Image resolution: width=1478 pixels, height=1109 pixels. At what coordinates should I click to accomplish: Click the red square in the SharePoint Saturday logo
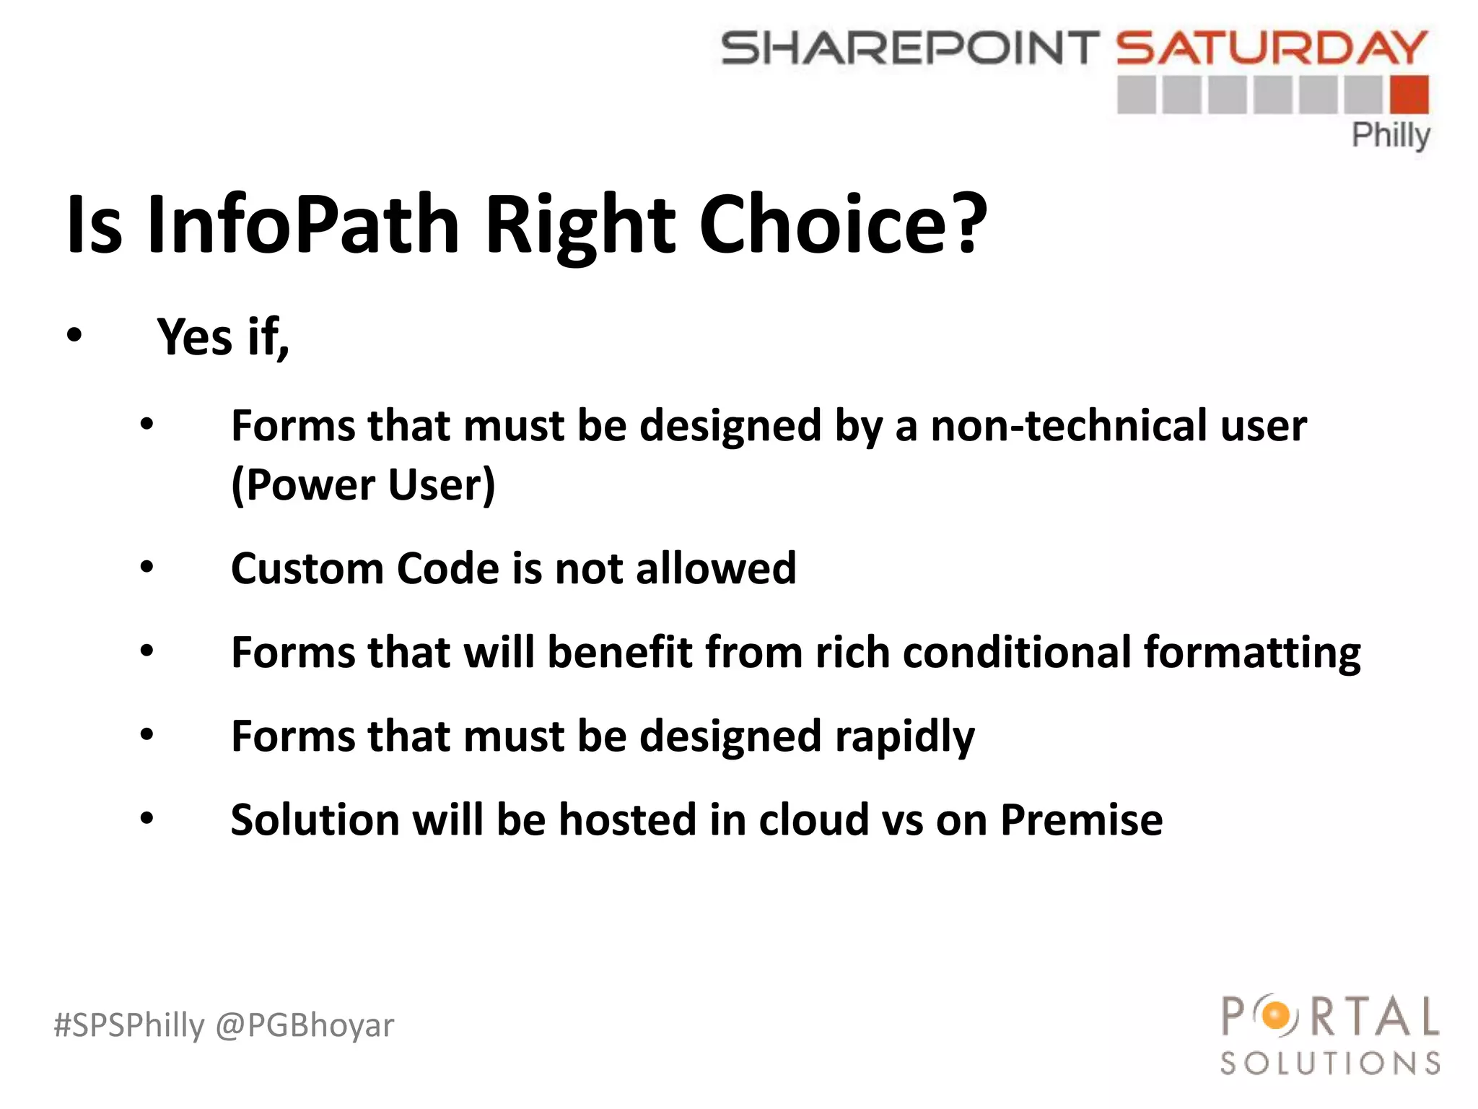(1408, 95)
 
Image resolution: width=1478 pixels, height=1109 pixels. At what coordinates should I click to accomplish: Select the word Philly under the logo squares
(1390, 135)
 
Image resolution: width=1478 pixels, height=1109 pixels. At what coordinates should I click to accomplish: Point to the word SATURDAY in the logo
(1272, 48)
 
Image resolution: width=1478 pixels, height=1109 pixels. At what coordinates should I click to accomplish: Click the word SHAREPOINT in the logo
(909, 48)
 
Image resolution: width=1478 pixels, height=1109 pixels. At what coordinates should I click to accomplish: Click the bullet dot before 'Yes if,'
(74, 336)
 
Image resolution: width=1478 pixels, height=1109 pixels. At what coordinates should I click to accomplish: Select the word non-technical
(1068, 425)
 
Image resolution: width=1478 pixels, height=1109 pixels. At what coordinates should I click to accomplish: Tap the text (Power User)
(363, 484)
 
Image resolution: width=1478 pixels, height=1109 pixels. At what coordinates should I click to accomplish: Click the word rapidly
(904, 736)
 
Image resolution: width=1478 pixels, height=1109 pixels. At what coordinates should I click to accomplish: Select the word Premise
(1081, 820)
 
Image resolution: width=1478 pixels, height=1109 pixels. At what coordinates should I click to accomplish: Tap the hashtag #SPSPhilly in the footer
(129, 1025)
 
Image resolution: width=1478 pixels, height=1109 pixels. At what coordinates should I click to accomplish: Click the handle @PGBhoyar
(305, 1025)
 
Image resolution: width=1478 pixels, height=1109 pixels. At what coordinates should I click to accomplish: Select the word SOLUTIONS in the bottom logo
(1330, 1064)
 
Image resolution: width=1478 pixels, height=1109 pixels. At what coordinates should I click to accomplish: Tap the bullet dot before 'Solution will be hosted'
(147, 819)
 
